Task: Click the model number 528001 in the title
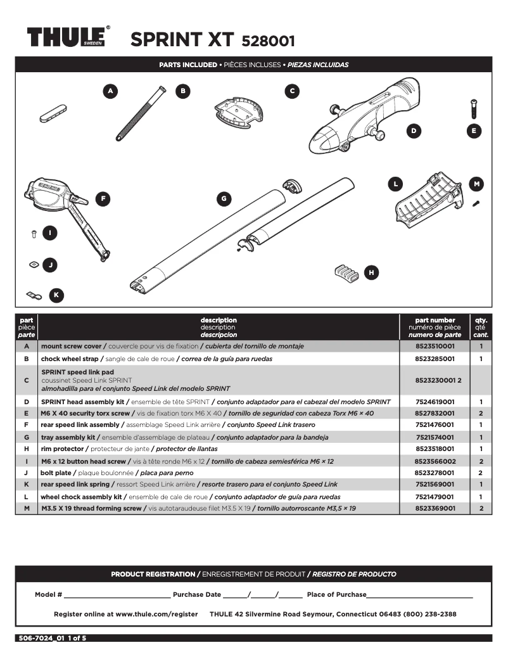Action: pyautogui.click(x=268, y=41)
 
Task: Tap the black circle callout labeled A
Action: pyautogui.click(x=111, y=91)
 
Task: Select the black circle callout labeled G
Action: pyautogui.click(x=224, y=199)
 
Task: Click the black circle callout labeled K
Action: pyautogui.click(x=56, y=295)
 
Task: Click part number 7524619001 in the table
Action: pyautogui.click(x=435, y=402)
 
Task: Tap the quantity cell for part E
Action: pyautogui.click(x=481, y=413)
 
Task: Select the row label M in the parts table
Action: pyautogui.click(x=27, y=508)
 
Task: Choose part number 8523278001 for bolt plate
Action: pyautogui.click(x=435, y=473)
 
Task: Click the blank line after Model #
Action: pyautogui.click(x=117, y=595)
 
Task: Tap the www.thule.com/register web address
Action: pyautogui.click(x=156, y=614)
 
